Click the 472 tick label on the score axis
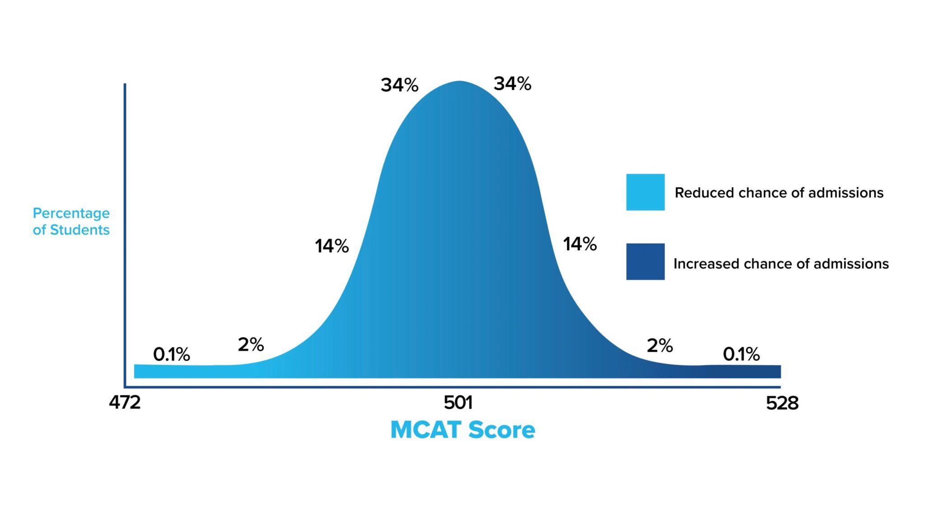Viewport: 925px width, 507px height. click(x=125, y=402)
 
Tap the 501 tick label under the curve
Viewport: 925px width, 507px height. click(x=458, y=402)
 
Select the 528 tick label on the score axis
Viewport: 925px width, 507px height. click(x=782, y=403)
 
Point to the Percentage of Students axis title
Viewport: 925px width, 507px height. click(x=71, y=221)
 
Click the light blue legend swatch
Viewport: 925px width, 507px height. click(x=645, y=192)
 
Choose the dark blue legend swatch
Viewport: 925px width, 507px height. click(x=645, y=261)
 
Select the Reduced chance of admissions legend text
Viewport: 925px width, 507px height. click(x=779, y=193)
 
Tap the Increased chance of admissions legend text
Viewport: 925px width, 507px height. click(x=781, y=264)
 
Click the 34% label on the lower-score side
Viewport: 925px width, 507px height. click(x=399, y=85)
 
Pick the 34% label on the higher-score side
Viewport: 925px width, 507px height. click(x=512, y=84)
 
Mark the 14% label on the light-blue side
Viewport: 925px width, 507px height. click(x=332, y=246)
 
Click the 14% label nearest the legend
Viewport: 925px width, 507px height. click(x=579, y=244)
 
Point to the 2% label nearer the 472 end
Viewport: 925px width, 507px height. click(x=251, y=345)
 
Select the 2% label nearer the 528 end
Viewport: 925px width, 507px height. click(x=659, y=346)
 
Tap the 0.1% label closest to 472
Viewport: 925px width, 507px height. click(x=171, y=354)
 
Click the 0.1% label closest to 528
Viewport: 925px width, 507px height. click(x=741, y=354)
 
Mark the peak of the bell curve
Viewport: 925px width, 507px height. click(x=459, y=82)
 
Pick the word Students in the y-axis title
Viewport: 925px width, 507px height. click(x=79, y=230)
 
